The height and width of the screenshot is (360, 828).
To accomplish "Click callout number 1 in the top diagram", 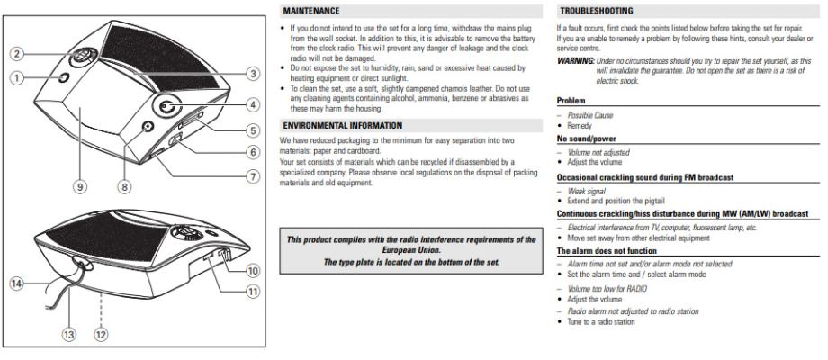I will (x=16, y=78).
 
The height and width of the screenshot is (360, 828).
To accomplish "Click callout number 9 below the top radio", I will (x=81, y=186).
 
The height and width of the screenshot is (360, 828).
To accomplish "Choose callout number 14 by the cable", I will (x=16, y=283).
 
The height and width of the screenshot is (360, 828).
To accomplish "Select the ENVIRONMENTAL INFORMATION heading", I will (x=340, y=125).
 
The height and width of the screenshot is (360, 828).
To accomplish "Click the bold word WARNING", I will (x=577, y=60).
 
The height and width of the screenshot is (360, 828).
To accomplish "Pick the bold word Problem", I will (x=571, y=101).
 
